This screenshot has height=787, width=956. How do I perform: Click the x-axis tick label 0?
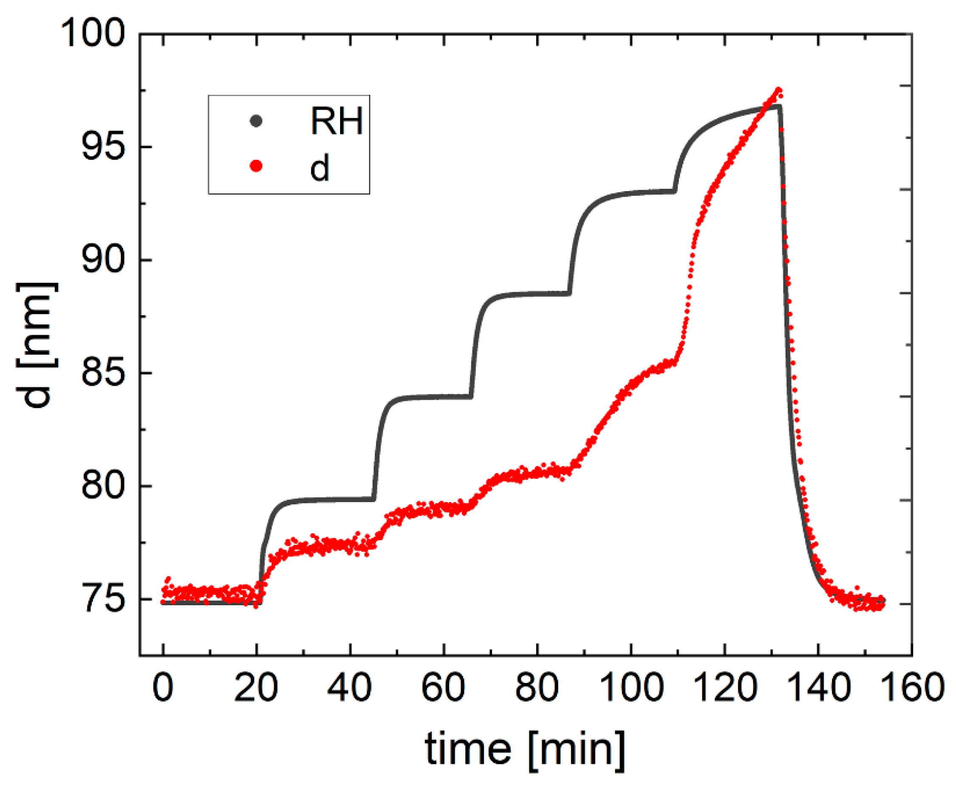tap(163, 687)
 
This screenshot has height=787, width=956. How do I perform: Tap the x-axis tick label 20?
tap(256, 687)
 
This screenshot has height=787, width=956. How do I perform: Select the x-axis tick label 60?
tap(443, 687)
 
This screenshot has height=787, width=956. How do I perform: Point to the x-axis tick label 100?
tap(630, 687)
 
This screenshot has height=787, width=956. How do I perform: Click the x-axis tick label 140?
tap(817, 687)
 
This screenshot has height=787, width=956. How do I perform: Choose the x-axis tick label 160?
tap(911, 687)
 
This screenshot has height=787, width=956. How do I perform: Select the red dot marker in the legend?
tap(256, 166)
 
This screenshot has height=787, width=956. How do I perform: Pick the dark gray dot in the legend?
tap(256, 121)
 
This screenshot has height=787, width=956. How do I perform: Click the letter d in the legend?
tap(319, 167)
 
